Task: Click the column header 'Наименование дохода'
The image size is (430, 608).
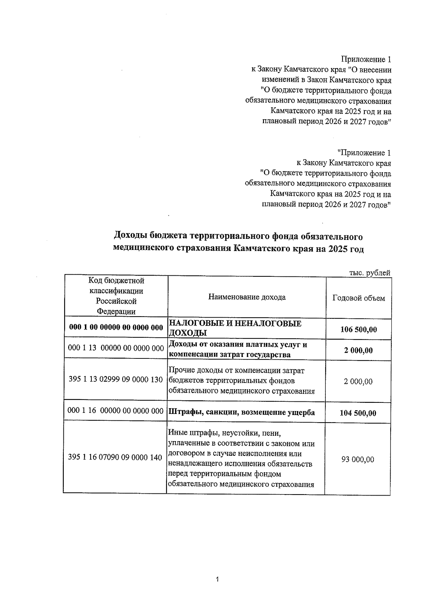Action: [x=247, y=297]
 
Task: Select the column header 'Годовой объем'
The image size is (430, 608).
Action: [x=359, y=298]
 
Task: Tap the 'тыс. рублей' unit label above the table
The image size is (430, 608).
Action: [x=369, y=273]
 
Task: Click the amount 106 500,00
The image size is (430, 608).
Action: [x=358, y=329]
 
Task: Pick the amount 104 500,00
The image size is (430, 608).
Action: [x=358, y=413]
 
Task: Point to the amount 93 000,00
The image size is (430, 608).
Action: [x=358, y=459]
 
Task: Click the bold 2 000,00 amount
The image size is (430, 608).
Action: [x=358, y=350]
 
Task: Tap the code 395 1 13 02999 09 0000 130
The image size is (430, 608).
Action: [x=116, y=379]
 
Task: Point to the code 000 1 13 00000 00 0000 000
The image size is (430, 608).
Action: [x=116, y=348]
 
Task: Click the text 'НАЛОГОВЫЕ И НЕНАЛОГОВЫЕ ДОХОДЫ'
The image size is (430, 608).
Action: [x=235, y=328]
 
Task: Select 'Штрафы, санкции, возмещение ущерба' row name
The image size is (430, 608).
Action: [x=242, y=412]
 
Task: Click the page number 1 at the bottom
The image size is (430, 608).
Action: [x=218, y=579]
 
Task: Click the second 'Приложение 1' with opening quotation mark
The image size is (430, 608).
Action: [x=364, y=153]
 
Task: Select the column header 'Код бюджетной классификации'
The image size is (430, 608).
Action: [x=116, y=296]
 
